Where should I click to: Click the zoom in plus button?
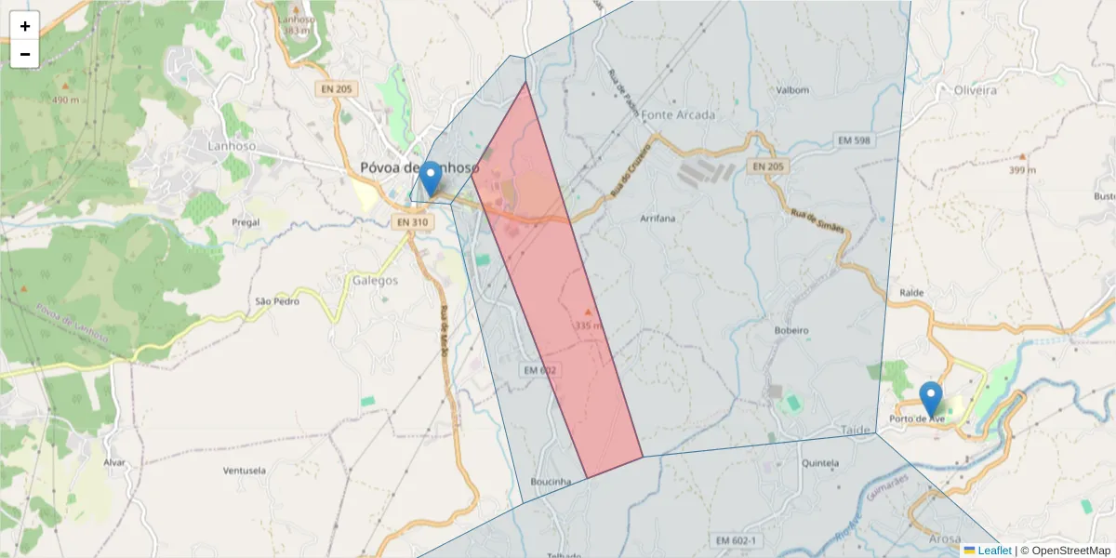[25, 26]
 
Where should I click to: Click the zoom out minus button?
[25, 54]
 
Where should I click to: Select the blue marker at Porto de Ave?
[930, 398]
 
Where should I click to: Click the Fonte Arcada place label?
[679, 115]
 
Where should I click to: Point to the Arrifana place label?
[658, 218]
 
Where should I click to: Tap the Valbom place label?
[792, 90]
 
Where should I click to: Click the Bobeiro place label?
[791, 330]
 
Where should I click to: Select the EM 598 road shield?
[854, 140]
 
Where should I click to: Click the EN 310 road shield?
[412, 222]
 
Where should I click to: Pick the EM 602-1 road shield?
[737, 540]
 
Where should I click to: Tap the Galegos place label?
[375, 280]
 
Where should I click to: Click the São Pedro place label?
[276, 301]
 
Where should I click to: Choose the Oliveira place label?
[975, 90]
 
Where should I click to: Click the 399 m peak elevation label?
[1022, 170]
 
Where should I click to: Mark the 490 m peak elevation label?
[65, 100]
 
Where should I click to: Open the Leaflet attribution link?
[994, 551]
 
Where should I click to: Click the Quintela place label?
[820, 462]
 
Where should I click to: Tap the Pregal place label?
[246, 223]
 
